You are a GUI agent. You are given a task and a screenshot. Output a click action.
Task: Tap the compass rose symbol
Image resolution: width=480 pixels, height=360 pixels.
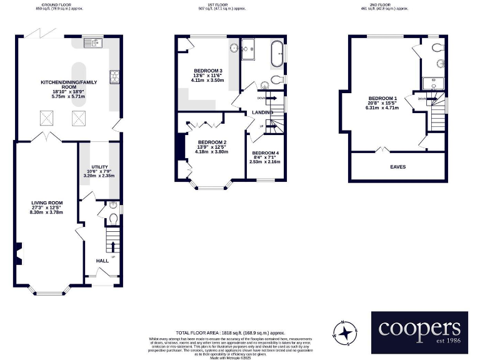(344, 332)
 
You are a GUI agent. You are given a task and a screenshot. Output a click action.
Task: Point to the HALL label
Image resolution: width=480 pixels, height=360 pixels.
(102, 261)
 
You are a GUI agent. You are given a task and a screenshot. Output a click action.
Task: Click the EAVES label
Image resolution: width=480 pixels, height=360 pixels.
(398, 167)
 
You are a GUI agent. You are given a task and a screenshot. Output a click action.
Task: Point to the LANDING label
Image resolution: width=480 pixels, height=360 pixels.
(262, 112)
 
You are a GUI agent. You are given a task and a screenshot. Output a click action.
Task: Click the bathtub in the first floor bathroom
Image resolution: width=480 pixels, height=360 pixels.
(276, 54)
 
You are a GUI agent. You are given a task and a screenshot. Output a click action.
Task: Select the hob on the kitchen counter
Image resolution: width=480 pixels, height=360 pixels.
(116, 77)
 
